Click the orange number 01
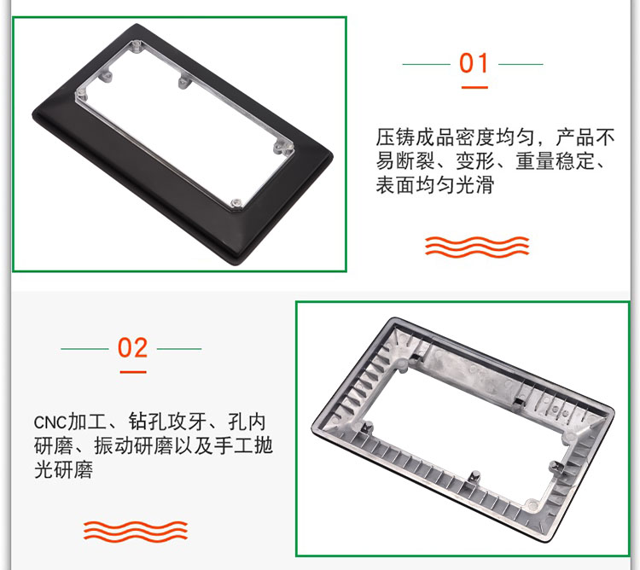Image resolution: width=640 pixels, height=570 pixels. tap(474, 63)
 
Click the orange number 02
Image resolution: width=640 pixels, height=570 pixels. tap(132, 347)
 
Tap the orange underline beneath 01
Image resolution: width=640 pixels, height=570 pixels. tap(474, 87)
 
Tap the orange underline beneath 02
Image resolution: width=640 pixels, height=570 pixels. tap(133, 372)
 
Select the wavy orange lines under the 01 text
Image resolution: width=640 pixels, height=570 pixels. tap(477, 246)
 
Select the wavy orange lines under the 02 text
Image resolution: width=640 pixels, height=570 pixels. tap(136, 531)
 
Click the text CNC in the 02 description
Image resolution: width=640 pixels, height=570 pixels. tap(49, 422)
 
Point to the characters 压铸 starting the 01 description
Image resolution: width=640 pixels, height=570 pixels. tap(395, 137)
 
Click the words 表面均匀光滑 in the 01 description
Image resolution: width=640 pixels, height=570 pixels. tap(435, 185)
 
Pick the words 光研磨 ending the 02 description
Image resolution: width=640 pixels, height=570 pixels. tap(64, 469)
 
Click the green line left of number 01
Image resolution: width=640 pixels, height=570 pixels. tap(426, 64)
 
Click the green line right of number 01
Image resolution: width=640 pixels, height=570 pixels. tap(521, 64)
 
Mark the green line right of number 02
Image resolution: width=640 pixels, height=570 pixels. tap(179, 349)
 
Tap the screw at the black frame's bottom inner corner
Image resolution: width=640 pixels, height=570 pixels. tap(236, 203)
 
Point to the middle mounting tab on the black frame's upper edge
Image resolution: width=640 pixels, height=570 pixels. tap(183, 81)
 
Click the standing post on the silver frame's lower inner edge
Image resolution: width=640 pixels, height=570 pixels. tap(474, 477)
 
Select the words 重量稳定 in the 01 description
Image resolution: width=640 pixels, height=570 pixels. tap(555, 161)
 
